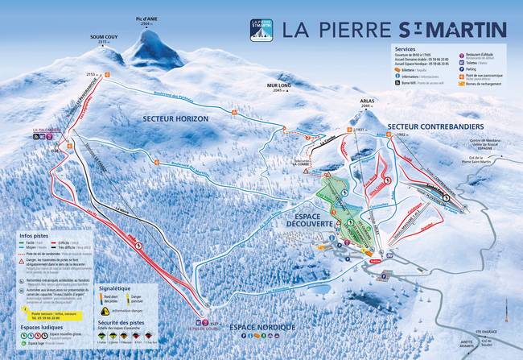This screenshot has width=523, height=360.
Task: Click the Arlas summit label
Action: click(368, 102)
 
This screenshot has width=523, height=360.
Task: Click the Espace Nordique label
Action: click(261, 327)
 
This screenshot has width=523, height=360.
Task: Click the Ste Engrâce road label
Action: click(486, 331)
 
